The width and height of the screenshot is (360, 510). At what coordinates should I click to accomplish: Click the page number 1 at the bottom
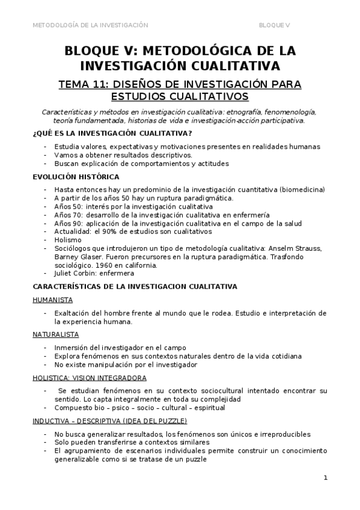325,478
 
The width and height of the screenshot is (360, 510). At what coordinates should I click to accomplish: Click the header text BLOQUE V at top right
274,25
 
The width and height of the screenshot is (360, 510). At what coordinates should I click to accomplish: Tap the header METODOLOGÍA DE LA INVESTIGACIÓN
90,25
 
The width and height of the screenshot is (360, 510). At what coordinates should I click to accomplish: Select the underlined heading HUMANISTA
53,299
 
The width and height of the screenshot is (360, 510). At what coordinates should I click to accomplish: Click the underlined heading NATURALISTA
55,334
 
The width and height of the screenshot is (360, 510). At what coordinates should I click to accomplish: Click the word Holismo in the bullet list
67,239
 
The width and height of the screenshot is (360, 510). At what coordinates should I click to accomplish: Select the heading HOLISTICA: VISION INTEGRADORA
89,378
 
